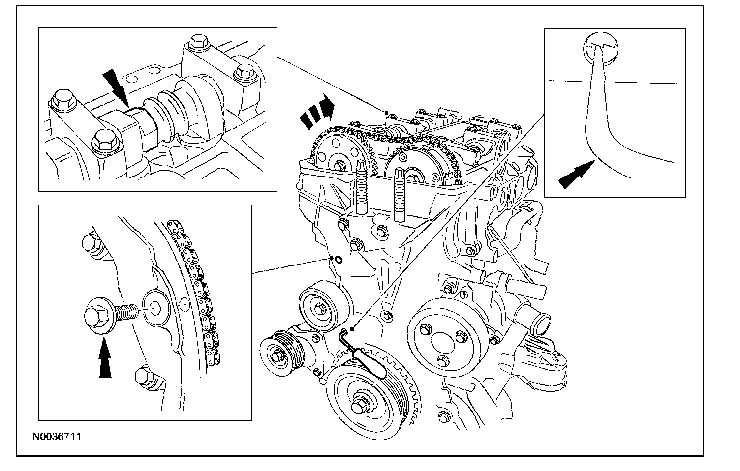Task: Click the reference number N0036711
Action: pos(57,436)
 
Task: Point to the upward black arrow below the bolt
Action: pos(105,360)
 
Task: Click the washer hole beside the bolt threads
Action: pos(154,310)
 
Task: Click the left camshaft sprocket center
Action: pos(339,164)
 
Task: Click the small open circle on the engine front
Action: pos(338,260)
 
